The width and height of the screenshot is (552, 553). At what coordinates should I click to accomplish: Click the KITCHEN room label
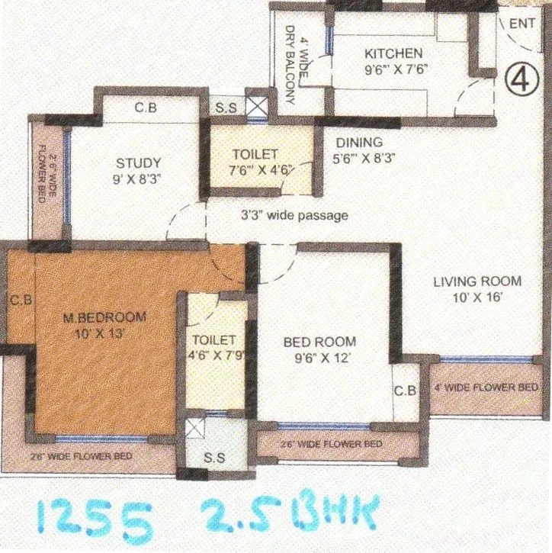coord(393,53)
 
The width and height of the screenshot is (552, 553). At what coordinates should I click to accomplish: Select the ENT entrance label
coord(522,24)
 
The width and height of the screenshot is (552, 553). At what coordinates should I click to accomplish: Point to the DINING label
coord(360,143)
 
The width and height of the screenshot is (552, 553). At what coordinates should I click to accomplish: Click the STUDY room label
coord(138,162)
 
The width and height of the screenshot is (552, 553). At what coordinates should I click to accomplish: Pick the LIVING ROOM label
coord(477,280)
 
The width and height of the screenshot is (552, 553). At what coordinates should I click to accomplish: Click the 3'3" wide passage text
coord(294,216)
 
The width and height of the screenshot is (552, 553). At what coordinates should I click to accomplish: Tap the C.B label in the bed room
coord(405,391)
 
